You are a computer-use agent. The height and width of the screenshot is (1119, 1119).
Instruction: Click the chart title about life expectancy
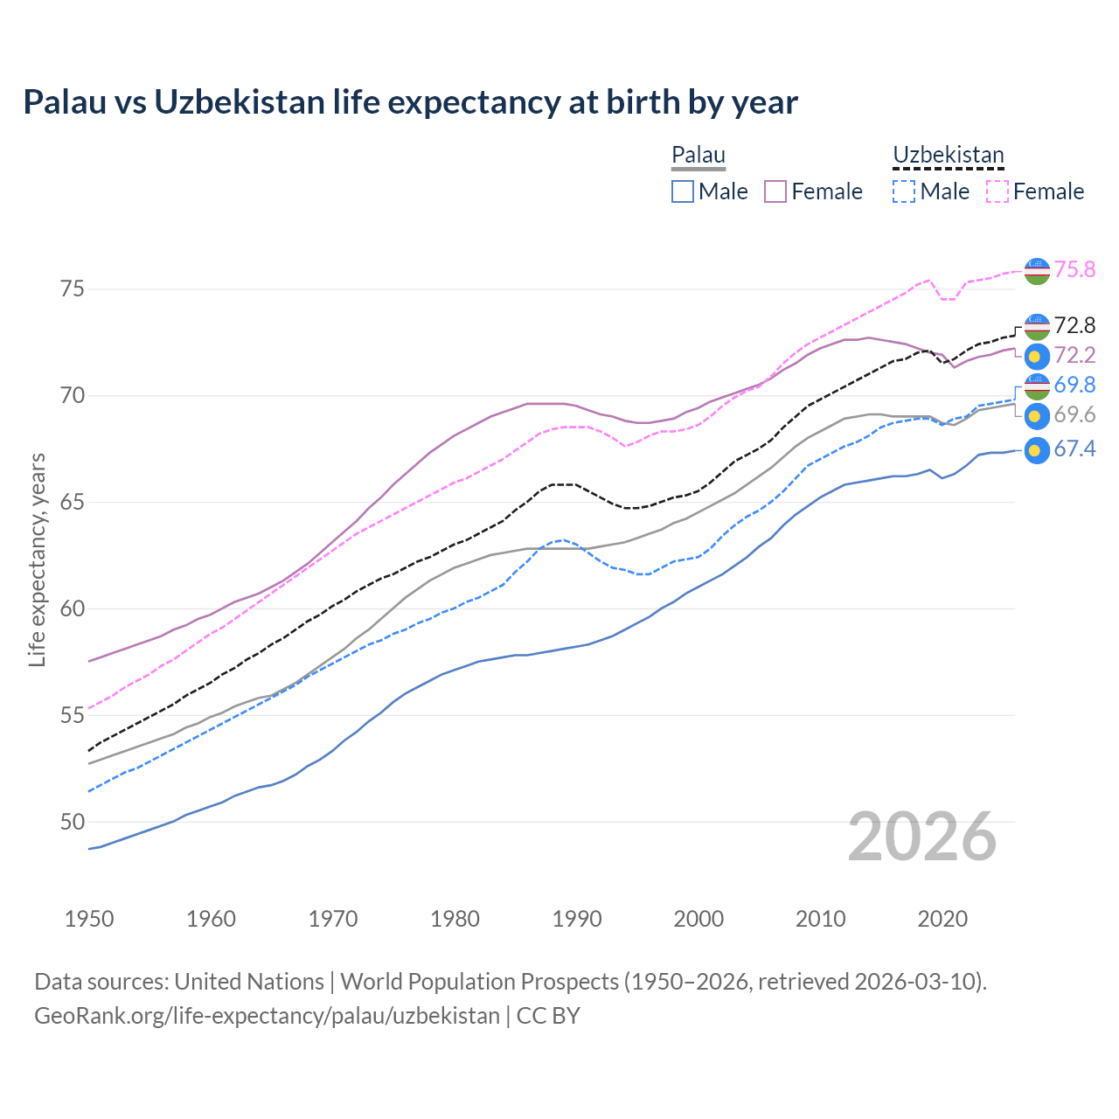pos(410,102)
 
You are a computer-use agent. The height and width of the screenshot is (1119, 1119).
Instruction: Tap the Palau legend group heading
pos(699,156)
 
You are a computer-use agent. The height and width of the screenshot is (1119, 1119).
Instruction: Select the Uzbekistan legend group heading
pos(948,156)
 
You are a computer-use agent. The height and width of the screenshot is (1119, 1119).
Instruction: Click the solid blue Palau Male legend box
pos(683,191)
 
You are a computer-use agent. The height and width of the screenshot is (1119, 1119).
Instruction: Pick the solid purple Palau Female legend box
pos(775,191)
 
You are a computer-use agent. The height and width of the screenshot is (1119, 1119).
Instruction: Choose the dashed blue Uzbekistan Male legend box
pos(904,191)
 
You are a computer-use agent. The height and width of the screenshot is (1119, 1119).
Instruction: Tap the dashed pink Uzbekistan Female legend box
pos(997,191)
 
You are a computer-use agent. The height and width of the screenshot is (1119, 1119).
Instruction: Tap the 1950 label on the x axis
pos(89,919)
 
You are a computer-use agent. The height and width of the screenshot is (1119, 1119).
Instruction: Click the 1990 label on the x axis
pos(577,919)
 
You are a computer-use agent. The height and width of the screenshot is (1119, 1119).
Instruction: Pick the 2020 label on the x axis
pos(942,919)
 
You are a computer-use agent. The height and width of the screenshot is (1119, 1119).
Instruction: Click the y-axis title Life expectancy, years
pos(37,559)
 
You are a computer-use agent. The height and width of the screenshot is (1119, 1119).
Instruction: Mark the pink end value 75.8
pos(1074,269)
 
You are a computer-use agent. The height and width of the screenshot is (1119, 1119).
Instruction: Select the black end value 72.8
pos(1074,326)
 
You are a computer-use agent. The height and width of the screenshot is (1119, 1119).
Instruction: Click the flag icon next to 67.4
pos(1036,450)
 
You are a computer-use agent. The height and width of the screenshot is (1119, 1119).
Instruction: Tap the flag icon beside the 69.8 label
pos(1036,386)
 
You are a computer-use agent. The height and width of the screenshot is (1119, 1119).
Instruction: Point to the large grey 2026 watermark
pos(921,837)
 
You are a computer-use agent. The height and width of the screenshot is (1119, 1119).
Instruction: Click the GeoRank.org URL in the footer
pos(267,1016)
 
